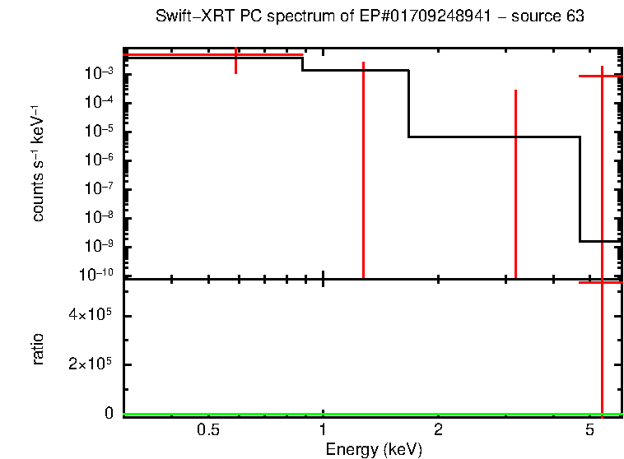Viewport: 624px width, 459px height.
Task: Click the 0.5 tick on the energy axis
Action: [x=208, y=430]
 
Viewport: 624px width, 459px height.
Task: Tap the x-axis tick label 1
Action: [x=324, y=430]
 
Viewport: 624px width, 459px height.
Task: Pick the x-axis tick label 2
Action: [x=439, y=430]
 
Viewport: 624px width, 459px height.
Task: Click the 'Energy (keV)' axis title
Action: [x=373, y=449]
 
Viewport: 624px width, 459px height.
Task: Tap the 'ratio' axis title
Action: [x=39, y=349]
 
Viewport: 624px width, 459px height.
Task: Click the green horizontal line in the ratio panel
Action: [x=370, y=414]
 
